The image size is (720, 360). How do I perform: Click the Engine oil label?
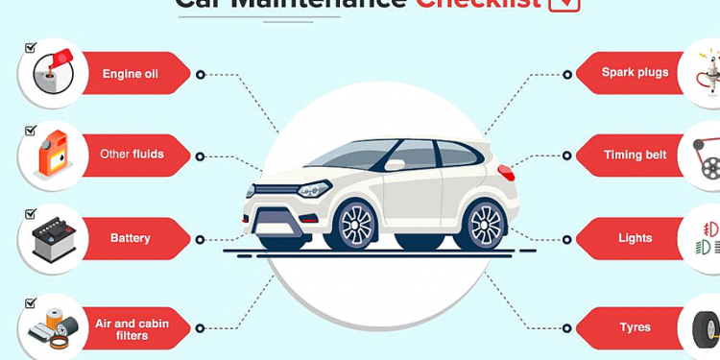click(x=131, y=73)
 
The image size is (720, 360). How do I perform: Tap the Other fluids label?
click(x=132, y=154)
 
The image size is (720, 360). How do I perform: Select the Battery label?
click(x=131, y=238)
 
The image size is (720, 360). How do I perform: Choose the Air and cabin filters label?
click(x=131, y=328)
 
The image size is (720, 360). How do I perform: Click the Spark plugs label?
click(x=635, y=72)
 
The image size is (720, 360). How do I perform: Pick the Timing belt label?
click(x=635, y=155)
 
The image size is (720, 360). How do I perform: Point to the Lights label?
click(x=635, y=238)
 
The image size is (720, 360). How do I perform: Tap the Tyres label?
click(x=635, y=327)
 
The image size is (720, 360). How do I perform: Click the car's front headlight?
click(x=313, y=189)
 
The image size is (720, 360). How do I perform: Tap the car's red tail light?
click(x=506, y=173)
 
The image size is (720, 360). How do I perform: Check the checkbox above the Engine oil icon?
click(x=31, y=46)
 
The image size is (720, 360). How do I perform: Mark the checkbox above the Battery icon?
click(x=31, y=213)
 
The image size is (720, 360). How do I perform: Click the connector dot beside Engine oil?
click(x=200, y=74)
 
